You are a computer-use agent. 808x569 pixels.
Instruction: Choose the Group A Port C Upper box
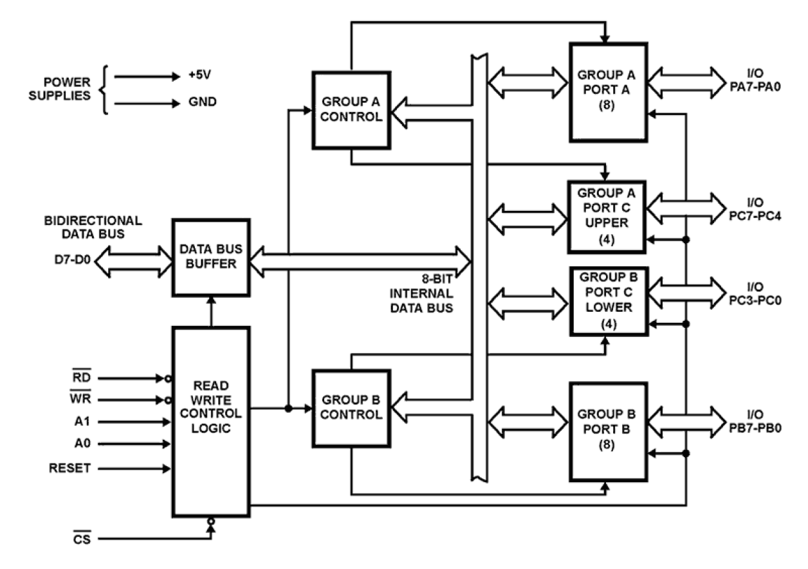point(606,218)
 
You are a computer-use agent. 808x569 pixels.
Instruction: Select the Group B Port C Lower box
point(607,301)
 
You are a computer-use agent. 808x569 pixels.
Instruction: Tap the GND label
point(203,102)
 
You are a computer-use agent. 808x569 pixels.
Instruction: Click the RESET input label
point(69,469)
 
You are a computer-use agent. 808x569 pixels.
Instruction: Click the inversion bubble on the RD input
point(168,379)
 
